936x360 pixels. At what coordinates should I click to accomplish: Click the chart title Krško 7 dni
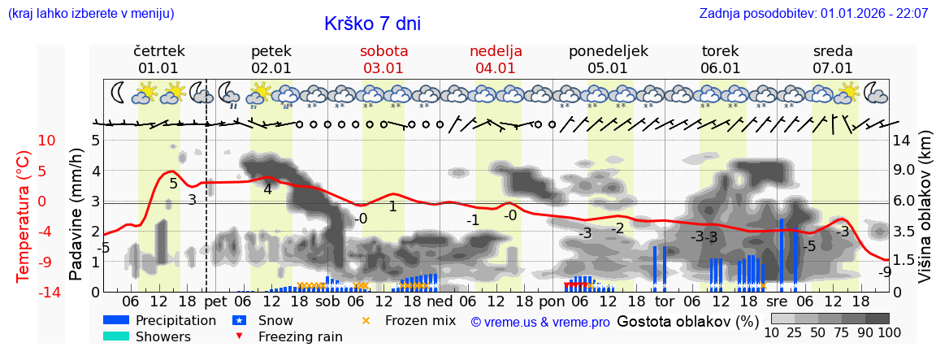coord(372,24)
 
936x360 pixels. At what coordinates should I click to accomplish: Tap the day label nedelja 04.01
coord(496,59)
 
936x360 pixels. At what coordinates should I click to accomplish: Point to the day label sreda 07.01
coord(833,59)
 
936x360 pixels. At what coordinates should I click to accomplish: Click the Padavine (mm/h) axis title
coord(76,215)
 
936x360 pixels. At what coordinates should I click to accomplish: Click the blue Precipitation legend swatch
coord(115,320)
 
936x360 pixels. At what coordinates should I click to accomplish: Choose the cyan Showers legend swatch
coord(115,336)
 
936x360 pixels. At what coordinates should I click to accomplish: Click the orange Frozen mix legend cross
coord(366,320)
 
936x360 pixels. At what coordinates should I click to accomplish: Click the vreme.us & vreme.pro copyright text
coord(540,322)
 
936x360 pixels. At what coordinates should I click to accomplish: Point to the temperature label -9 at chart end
coord(885,272)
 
